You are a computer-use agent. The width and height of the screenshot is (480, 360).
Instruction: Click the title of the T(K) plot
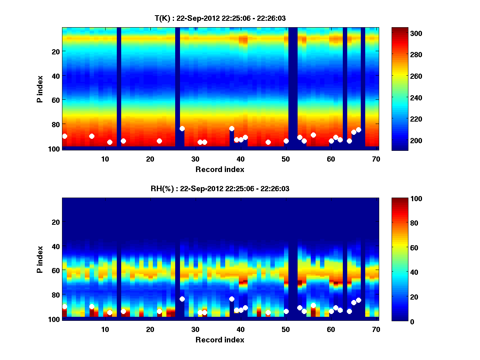[220, 18]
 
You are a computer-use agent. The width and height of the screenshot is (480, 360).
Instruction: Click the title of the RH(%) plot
[220, 188]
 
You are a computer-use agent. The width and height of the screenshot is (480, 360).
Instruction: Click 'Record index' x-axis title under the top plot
[220, 169]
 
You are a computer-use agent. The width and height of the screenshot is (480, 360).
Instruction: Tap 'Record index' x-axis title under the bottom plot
[220, 340]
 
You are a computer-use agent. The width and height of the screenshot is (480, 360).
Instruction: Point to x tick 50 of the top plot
[286, 159]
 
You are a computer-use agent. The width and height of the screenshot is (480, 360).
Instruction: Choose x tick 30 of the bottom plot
[195, 329]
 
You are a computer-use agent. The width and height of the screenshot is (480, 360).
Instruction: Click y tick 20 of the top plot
[55, 51]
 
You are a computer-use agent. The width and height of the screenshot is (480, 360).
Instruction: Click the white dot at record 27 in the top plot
[182, 128]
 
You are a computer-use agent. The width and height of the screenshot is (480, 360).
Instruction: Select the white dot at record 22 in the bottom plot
[159, 311]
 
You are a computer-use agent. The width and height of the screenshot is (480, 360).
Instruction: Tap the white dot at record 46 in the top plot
[268, 142]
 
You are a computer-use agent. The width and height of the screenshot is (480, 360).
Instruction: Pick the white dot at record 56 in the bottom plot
[313, 305]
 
